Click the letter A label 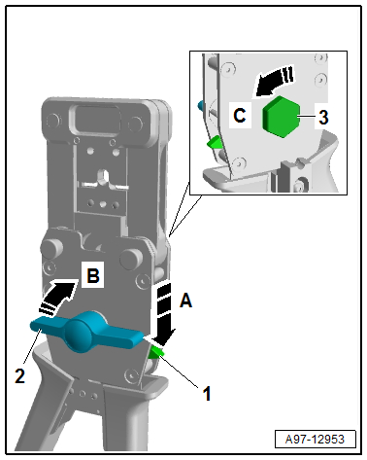[185, 301]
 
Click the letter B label [93, 276]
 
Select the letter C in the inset [240, 115]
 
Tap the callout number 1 [207, 393]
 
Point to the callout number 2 [19, 376]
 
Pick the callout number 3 [323, 117]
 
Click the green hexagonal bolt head [282, 117]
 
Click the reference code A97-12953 [315, 440]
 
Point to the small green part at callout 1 [156, 353]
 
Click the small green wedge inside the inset [214, 143]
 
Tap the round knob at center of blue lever [80, 336]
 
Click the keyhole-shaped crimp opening [104, 177]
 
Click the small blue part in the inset [201, 104]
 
